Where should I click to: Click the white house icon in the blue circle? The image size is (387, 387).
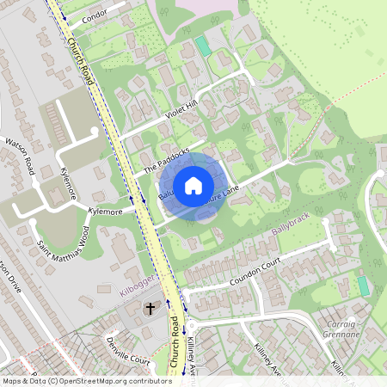[193, 184]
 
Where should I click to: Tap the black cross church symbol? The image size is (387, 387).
[149, 308]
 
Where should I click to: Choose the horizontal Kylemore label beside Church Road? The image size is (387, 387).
[104, 211]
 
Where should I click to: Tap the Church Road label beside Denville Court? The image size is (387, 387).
[178, 344]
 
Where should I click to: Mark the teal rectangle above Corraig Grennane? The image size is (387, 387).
[363, 286]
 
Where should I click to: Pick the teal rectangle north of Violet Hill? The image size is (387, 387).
[202, 45]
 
